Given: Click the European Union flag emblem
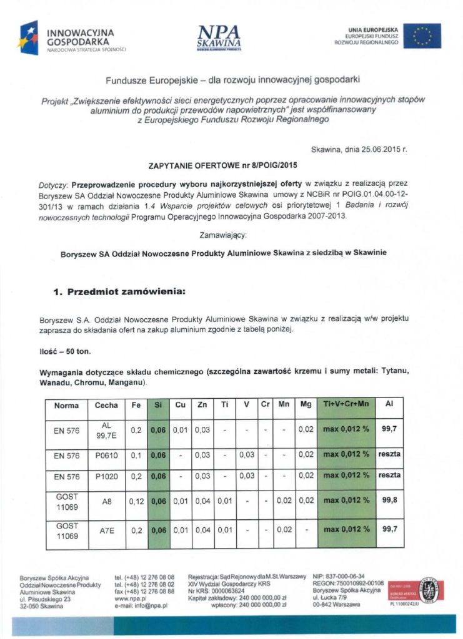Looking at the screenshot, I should (422, 36).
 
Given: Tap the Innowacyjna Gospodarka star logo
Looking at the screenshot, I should (31, 37).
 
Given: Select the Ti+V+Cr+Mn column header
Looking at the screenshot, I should (346, 405).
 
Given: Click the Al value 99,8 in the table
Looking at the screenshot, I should (389, 500).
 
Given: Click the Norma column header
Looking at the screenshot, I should (66, 405).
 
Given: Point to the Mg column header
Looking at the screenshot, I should (305, 405).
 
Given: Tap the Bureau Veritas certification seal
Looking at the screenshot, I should (428, 590).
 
